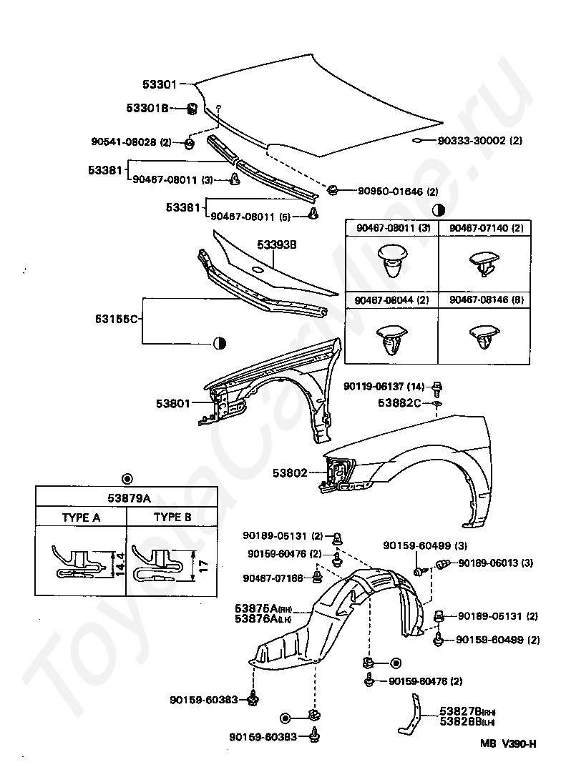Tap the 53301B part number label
point(147,108)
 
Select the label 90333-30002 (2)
point(479,141)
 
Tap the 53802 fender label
point(290,472)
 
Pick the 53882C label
point(399,403)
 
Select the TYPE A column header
point(82,518)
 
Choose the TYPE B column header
point(172,518)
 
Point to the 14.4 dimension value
point(121,565)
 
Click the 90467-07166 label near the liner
point(273,578)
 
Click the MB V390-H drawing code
point(508,743)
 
